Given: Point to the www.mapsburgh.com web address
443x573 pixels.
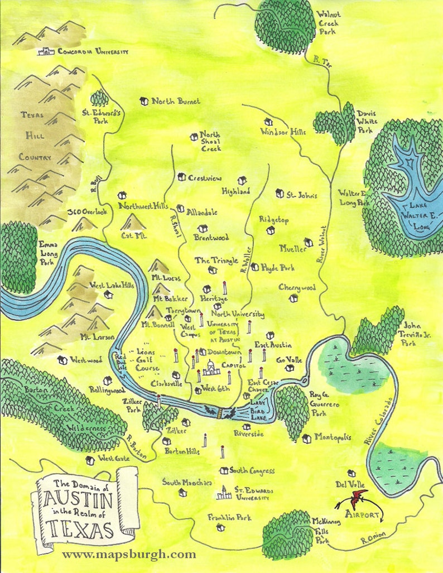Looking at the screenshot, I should [129, 555].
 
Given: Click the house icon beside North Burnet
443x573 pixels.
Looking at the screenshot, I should [144, 101].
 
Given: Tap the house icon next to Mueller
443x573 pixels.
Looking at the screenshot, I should [308, 243].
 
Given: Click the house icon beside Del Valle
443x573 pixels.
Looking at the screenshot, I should [351, 473].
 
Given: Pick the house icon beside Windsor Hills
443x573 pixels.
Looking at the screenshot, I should [268, 122].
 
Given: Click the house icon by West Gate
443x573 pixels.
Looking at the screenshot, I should [90, 460].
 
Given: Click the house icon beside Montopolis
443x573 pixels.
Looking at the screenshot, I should [306, 439].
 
